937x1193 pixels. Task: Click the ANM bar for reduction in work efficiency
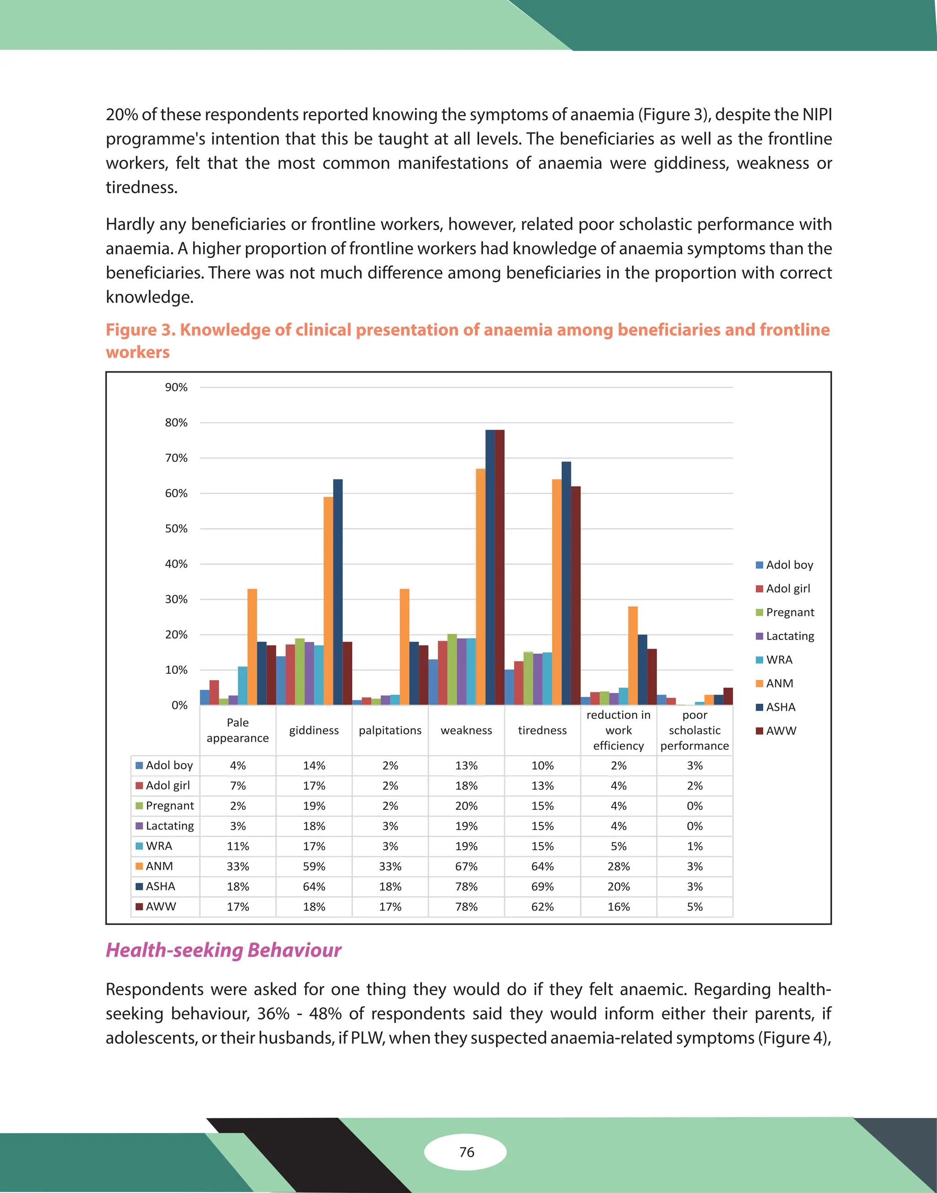[x=633, y=656]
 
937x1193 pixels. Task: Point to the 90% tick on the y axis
[x=176, y=387]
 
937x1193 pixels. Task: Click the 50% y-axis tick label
[x=176, y=528]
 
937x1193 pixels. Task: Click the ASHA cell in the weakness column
[x=466, y=886]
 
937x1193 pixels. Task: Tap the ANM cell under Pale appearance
[x=237, y=866]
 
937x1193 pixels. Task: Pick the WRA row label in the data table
[x=159, y=846]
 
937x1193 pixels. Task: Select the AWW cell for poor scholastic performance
[x=695, y=906]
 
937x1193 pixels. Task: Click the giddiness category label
[x=314, y=730]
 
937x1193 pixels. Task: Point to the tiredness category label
[x=542, y=730]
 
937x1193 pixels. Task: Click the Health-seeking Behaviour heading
[x=223, y=950]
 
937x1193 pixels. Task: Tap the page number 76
[x=466, y=1151]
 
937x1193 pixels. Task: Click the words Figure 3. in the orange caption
[x=140, y=330]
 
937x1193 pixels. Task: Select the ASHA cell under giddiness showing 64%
[x=314, y=886]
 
